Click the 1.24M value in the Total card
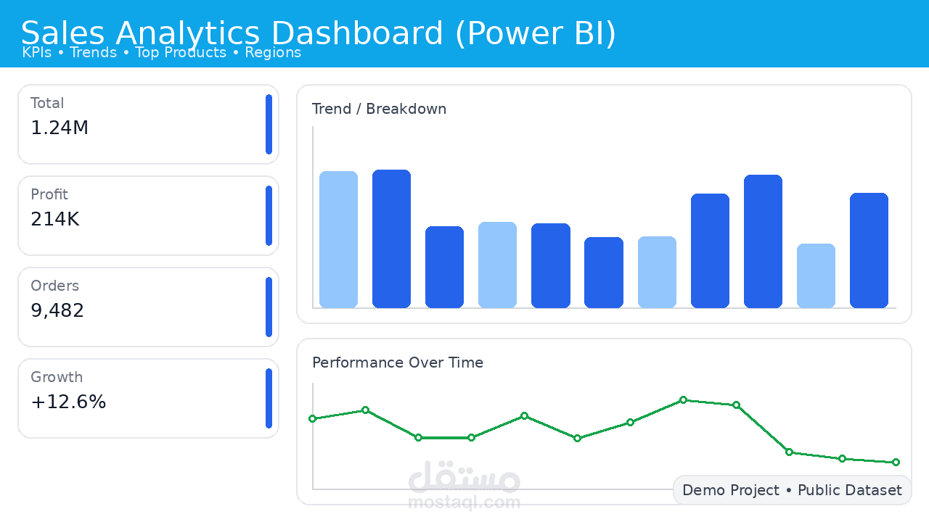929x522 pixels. pyautogui.click(x=60, y=128)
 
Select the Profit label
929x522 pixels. pyautogui.click(x=49, y=194)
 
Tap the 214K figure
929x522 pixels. pyautogui.click(x=55, y=220)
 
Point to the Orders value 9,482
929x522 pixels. pyautogui.click(x=57, y=311)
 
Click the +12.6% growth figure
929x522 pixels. pyautogui.click(x=68, y=402)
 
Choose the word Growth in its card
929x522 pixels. pyautogui.click(x=57, y=377)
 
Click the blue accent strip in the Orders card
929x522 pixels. pyautogui.click(x=269, y=307)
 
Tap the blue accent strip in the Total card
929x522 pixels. pyautogui.click(x=269, y=124)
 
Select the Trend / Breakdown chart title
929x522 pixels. pyautogui.click(x=379, y=109)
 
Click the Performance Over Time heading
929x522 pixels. pyautogui.click(x=398, y=362)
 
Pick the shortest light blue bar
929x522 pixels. pyautogui.click(x=816, y=275)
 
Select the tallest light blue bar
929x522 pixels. pyautogui.click(x=338, y=239)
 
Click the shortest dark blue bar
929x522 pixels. pyautogui.click(x=604, y=272)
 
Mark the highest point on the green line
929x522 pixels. pyautogui.click(x=683, y=399)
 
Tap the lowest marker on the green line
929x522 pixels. pyautogui.click(x=896, y=462)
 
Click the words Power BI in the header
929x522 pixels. pyautogui.click(x=536, y=33)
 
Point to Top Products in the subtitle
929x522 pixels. pyautogui.click(x=181, y=52)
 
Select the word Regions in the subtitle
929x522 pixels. pyautogui.click(x=273, y=52)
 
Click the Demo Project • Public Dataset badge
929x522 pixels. pyautogui.click(x=792, y=490)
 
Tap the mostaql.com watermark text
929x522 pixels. pyautogui.click(x=464, y=502)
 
